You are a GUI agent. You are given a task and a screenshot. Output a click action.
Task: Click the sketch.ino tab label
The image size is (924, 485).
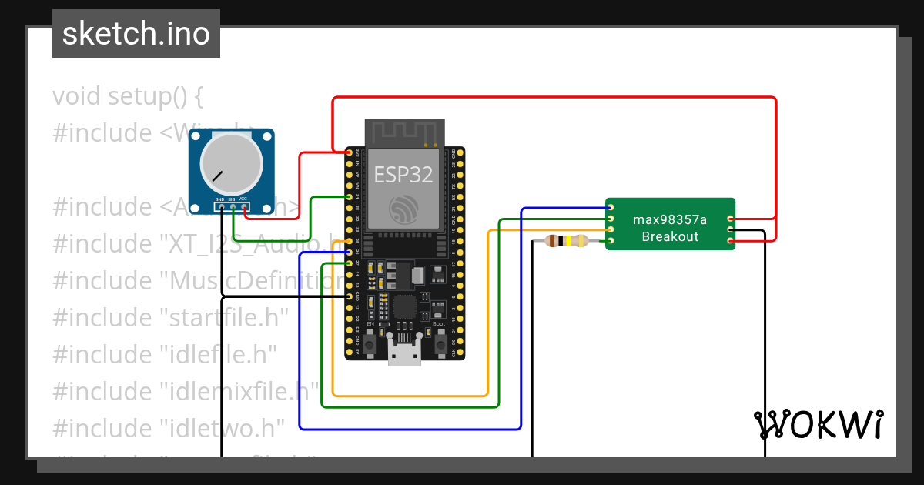click(x=136, y=34)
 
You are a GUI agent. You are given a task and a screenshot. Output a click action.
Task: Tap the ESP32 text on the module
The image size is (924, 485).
click(x=403, y=174)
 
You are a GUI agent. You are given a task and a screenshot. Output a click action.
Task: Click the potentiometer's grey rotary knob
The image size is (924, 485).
click(x=231, y=164)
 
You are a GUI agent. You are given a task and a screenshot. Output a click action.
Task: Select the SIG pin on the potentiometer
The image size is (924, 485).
click(x=233, y=207)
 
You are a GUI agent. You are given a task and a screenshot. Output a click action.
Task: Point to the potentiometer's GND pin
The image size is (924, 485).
click(x=221, y=207)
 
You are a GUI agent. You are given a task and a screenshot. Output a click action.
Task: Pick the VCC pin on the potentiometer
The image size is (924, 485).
click(x=244, y=207)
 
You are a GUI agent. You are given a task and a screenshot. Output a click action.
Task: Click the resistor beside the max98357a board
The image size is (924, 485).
click(x=566, y=241)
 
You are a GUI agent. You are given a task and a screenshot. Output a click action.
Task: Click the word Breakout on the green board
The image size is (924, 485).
click(x=670, y=236)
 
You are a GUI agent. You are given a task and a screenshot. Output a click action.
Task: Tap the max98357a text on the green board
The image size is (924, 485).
click(x=670, y=219)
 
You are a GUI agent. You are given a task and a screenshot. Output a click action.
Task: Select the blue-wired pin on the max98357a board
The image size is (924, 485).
click(x=610, y=208)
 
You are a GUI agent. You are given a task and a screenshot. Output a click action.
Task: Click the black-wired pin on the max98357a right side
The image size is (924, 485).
click(x=730, y=230)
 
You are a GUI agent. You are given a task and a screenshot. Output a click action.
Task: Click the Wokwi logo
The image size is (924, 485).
click(x=818, y=425)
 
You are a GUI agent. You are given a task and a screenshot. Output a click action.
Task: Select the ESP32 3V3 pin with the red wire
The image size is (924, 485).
click(x=350, y=152)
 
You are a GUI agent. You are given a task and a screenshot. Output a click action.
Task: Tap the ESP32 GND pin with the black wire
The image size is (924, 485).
click(x=350, y=296)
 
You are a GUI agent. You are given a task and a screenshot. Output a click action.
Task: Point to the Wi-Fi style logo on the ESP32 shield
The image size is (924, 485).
click(x=405, y=210)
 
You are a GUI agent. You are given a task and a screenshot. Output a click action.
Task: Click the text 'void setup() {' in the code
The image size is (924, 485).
click(x=128, y=96)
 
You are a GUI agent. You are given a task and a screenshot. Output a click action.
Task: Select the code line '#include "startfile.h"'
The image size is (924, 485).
click(x=170, y=317)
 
